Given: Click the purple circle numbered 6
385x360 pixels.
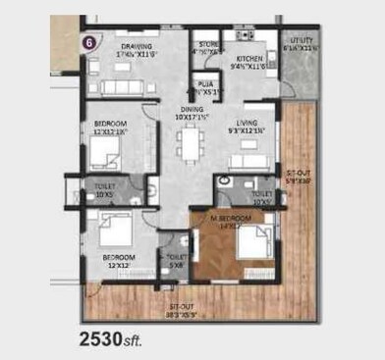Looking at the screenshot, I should [89, 42].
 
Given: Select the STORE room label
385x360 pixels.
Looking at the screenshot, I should [207, 44].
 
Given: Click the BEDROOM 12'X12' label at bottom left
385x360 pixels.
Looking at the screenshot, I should [119, 260].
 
